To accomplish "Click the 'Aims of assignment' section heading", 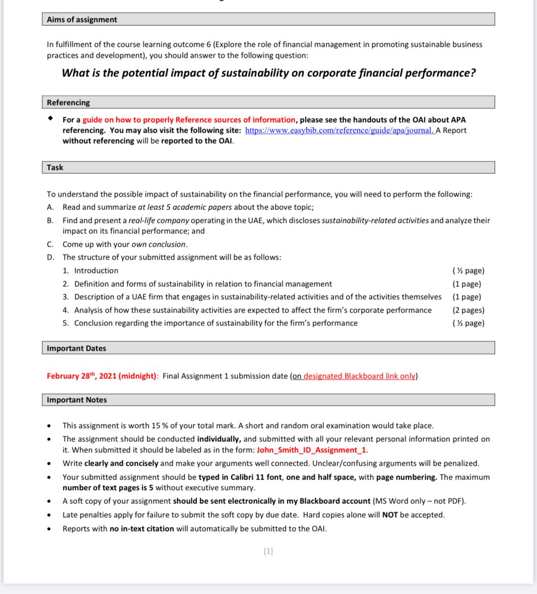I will point(82,20).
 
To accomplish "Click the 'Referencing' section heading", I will point(68,103).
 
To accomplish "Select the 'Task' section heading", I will point(55,167).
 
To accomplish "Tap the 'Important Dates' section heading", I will point(76,348).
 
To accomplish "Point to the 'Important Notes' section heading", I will point(77,400).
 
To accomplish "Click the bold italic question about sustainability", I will point(269,73).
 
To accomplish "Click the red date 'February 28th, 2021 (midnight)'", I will point(102,376).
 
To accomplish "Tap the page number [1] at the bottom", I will point(268,551).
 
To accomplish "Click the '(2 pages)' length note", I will point(468,310).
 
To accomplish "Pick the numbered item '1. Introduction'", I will point(90,271).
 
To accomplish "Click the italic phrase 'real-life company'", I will point(159,220).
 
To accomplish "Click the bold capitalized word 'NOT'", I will point(390,515).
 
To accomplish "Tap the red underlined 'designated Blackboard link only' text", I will point(359,376).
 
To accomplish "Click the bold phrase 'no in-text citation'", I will point(142,529).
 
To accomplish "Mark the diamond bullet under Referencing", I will point(50,119).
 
